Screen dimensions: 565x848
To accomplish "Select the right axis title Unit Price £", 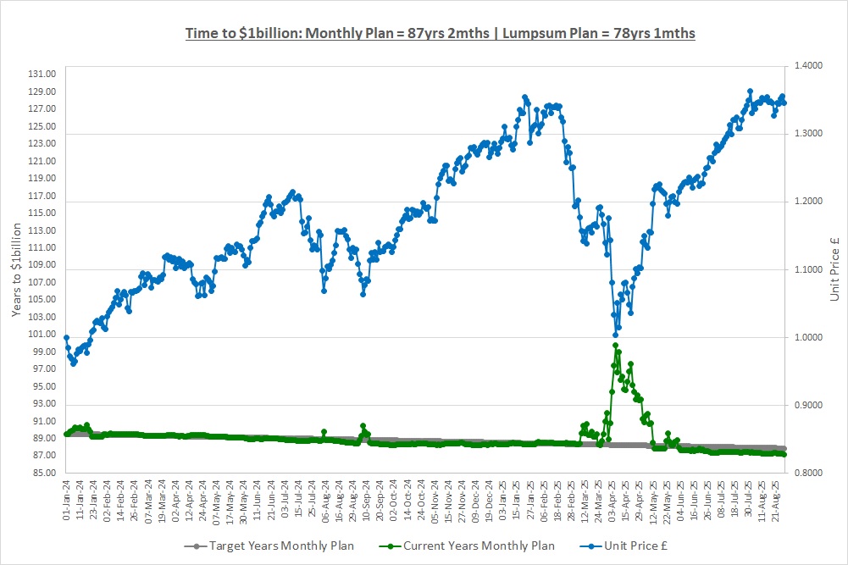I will point(834,269).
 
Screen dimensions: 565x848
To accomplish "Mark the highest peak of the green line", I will point(615,345).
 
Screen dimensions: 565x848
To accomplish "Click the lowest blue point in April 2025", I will point(616,334).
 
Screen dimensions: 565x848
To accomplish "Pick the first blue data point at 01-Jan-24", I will point(66,338).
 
